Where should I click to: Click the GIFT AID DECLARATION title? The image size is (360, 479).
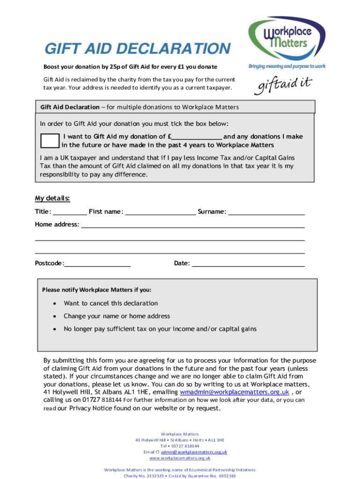click(137, 49)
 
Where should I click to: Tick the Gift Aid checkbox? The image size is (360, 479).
click(50, 141)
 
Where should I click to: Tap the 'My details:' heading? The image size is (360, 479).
click(52, 198)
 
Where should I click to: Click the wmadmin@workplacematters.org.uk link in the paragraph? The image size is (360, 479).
click(234, 392)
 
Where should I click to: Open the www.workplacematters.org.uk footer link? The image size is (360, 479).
click(180, 458)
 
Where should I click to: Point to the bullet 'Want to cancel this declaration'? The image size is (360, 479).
click(111, 304)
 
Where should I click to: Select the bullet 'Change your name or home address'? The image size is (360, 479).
click(117, 316)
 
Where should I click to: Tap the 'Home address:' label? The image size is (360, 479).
click(57, 225)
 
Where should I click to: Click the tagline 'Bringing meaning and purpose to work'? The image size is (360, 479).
click(287, 66)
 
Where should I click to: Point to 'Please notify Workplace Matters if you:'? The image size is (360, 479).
click(97, 290)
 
